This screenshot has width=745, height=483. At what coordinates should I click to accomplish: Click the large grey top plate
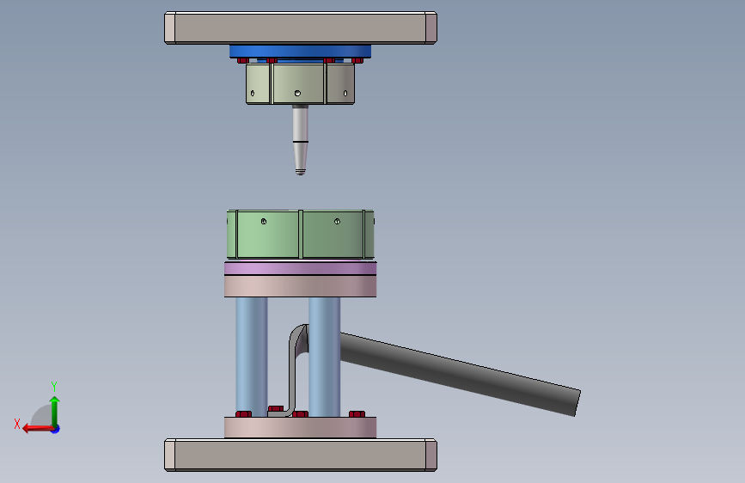(x=300, y=28)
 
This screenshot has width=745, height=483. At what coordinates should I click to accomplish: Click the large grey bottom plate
(x=300, y=455)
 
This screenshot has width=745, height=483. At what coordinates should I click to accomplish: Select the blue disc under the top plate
(x=300, y=52)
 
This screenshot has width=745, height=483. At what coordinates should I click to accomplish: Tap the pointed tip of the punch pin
(x=300, y=173)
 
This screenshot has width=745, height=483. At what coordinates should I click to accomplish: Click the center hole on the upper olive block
(x=297, y=93)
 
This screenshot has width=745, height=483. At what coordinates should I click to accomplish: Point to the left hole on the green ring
(x=264, y=221)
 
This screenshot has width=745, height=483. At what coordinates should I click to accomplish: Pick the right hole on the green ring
(x=337, y=221)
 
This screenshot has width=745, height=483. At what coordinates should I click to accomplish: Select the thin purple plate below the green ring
(x=300, y=268)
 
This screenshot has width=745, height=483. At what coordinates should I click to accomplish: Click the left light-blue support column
(x=252, y=357)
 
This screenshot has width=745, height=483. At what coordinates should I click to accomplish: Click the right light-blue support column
(x=324, y=357)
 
